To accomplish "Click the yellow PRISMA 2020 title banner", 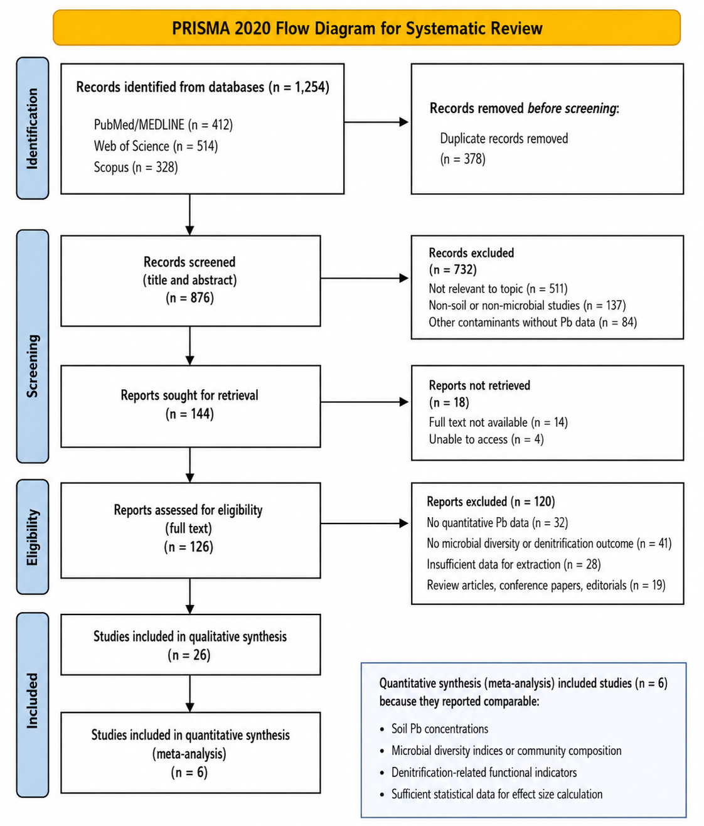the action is pyautogui.click(x=366, y=28).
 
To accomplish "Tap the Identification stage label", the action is pyautogui.click(x=33, y=128).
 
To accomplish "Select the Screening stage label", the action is pyautogui.click(x=33, y=346).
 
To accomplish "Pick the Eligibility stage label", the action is pyautogui.click(x=33, y=537).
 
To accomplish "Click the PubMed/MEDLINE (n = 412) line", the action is pyautogui.click(x=163, y=125).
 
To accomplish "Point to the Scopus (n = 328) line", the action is pyautogui.click(x=136, y=167).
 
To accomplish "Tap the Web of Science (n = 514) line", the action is pyautogui.click(x=156, y=146).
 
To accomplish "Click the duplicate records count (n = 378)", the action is pyautogui.click(x=462, y=159).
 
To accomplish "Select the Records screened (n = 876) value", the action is pyautogui.click(x=189, y=298).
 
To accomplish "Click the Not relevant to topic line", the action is pyautogui.click(x=498, y=289).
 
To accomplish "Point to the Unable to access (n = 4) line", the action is pyautogui.click(x=486, y=439).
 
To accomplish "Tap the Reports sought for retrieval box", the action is pyautogui.click(x=191, y=406).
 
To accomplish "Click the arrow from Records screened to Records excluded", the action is pyautogui.click(x=365, y=278).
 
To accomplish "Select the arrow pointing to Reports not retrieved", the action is pyautogui.click(x=365, y=402).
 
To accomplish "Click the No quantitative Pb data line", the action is pyautogui.click(x=498, y=523).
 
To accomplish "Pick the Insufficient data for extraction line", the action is pyautogui.click(x=514, y=564).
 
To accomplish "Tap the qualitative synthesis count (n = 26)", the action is pyautogui.click(x=189, y=655).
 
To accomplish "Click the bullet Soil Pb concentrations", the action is pyautogui.click(x=434, y=729).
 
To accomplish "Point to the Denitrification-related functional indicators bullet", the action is pyautogui.click(x=479, y=773).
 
